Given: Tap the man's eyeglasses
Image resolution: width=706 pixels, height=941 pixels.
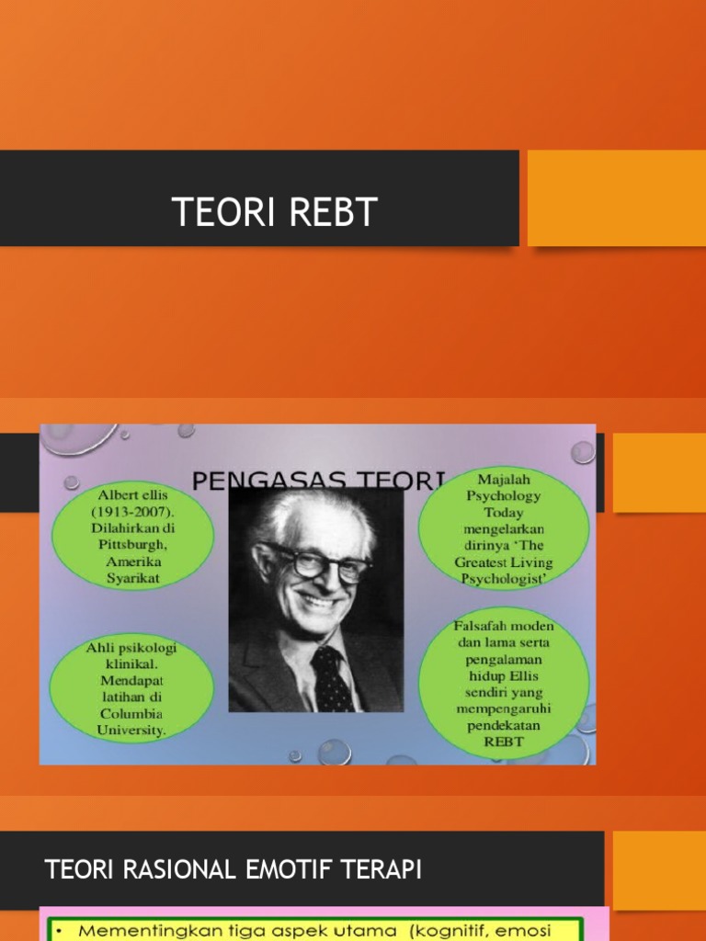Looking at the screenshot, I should click(x=315, y=561).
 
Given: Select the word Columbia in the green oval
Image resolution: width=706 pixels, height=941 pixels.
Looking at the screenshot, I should click(x=131, y=714).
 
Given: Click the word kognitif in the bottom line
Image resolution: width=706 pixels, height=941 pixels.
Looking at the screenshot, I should click(x=461, y=931).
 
